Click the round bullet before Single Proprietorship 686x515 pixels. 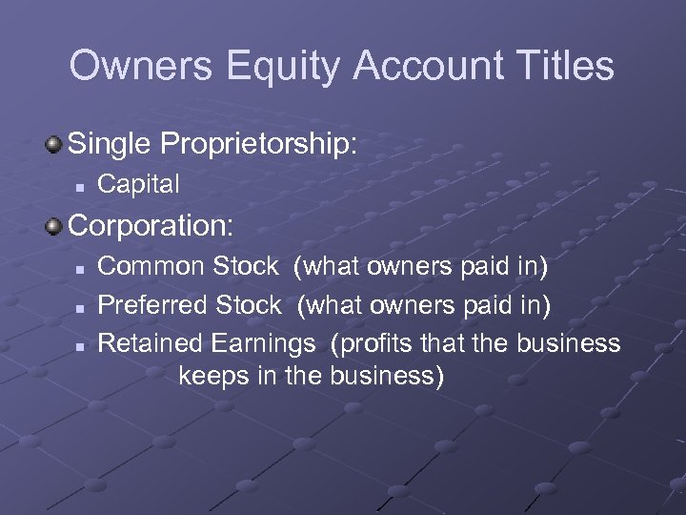click(54, 145)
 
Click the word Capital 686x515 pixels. click(139, 185)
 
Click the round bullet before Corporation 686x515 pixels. click(54, 226)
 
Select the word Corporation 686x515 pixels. click(150, 227)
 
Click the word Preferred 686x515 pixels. click(154, 305)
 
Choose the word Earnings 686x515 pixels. click(266, 342)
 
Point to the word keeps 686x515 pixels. click(214, 375)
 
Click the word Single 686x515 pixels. click(113, 146)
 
